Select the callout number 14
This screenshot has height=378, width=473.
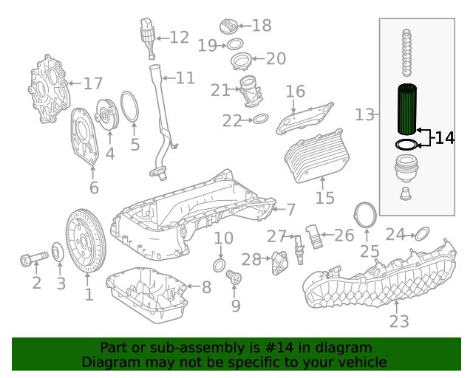444,138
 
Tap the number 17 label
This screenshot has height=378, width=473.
92,83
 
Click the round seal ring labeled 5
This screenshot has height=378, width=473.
129,106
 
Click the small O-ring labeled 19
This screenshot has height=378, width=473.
229,46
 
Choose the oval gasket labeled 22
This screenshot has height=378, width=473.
260,118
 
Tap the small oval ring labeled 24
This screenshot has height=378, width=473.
421,235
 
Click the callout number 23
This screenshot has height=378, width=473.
398,321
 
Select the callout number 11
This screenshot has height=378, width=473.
185,78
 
